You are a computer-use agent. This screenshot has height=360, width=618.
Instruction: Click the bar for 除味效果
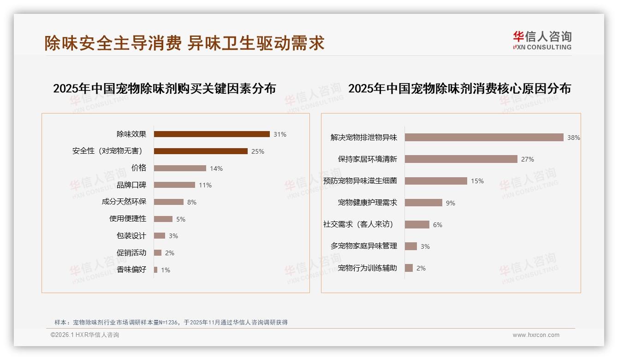click(212, 134)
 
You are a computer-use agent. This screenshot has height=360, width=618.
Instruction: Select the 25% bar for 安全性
click(201, 151)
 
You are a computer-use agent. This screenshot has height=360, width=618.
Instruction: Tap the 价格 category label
click(139, 168)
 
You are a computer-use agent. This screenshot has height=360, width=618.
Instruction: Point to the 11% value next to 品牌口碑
click(205, 185)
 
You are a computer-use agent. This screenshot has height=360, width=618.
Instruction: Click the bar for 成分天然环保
click(169, 202)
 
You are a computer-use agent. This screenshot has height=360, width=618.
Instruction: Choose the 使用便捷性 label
click(128, 219)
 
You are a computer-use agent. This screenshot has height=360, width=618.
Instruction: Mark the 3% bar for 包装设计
click(160, 236)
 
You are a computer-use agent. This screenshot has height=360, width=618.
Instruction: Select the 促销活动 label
click(131, 252)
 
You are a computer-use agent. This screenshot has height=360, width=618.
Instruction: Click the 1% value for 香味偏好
click(166, 270)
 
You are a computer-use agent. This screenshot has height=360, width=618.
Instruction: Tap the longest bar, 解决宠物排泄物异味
click(484, 138)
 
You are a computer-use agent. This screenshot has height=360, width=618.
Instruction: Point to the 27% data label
click(528, 159)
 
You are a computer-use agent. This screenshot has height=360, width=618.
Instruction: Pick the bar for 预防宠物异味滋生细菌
click(436, 181)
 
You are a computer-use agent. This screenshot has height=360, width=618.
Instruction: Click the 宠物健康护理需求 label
click(368, 203)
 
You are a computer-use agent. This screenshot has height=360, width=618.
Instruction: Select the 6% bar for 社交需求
click(417, 225)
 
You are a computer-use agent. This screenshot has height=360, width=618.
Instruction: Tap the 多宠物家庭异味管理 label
click(364, 246)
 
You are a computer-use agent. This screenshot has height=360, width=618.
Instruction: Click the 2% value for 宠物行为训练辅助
click(421, 268)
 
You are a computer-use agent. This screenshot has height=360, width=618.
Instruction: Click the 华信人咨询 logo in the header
click(542, 41)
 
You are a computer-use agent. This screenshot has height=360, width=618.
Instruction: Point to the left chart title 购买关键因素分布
click(165, 89)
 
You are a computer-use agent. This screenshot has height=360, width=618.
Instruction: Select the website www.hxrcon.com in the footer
click(536, 335)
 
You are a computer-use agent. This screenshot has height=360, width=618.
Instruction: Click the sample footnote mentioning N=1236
click(171, 322)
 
